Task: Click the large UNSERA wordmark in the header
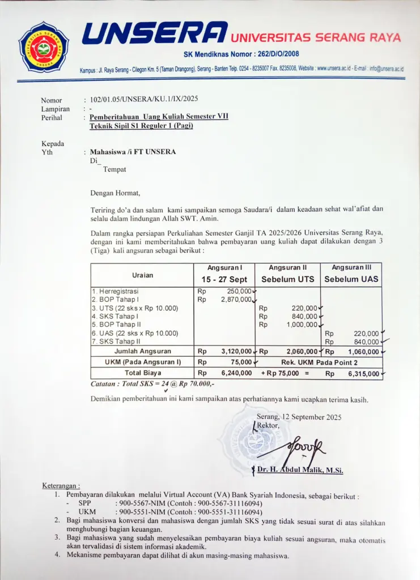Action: (x=155, y=33)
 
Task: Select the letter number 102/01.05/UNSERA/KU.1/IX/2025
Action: (x=144, y=100)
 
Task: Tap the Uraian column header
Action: (x=142, y=275)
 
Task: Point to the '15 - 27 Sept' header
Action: (x=224, y=279)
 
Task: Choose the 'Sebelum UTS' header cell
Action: (x=287, y=279)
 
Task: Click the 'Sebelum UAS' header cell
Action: (x=351, y=279)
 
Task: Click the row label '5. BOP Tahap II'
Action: (x=114, y=325)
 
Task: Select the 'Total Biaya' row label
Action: (x=143, y=373)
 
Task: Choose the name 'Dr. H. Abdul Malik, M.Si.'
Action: (x=300, y=470)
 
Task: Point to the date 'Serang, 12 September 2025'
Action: (x=299, y=417)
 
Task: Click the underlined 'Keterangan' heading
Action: (x=61, y=485)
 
